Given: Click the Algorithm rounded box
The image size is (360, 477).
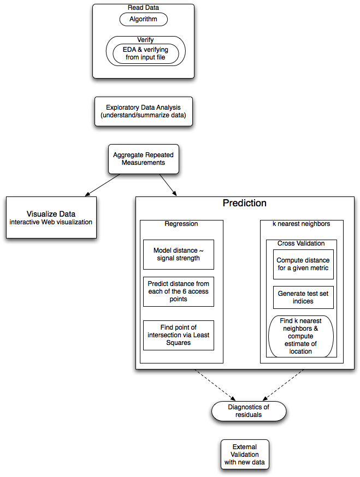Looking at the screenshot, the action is click(144, 19).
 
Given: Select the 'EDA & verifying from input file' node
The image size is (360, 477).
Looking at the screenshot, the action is click(145, 53).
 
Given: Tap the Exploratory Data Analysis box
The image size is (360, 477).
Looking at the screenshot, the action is click(144, 111).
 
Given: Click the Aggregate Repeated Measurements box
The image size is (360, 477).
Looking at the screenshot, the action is click(144, 159).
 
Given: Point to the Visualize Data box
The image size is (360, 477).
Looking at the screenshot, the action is click(51, 217).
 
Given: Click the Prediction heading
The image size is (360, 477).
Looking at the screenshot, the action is click(245, 203).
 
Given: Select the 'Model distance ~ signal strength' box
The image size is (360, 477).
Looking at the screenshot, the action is click(179, 254).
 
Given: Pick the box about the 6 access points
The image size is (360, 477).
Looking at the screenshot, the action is click(179, 291).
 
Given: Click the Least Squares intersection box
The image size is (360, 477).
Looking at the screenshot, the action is click(179, 335).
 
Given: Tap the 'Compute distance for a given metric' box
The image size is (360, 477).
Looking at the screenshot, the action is click(303, 264).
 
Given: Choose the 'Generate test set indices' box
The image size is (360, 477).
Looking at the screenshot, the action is click(303, 297).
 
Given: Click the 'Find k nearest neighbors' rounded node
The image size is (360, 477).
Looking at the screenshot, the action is click(301, 336).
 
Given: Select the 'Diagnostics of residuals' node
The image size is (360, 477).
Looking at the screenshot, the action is click(249, 411).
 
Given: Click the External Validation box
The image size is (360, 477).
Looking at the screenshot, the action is click(245, 455).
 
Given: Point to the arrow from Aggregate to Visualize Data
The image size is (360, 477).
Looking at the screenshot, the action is click(103, 184).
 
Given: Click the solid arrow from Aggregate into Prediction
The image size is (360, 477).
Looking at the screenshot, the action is click(168, 184).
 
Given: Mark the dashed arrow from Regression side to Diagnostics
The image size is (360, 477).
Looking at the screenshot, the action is click(215, 385).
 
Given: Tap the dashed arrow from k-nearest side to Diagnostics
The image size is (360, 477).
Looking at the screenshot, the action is click(284, 385).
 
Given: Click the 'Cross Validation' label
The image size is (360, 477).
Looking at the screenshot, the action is click(301, 243).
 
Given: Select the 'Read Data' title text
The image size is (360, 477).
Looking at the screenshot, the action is click(143, 8).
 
